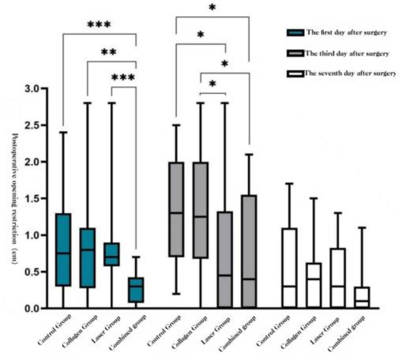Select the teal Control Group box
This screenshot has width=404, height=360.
pyautogui.click(x=62, y=250)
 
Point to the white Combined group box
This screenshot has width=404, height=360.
pyautogui.click(x=362, y=298)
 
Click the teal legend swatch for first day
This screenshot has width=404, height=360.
pyautogui.click(x=294, y=33)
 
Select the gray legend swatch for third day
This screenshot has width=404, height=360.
pyautogui.click(x=294, y=54)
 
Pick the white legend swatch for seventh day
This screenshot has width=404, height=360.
pyautogui.click(x=294, y=74)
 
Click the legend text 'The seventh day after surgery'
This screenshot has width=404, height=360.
pyautogui.click(x=350, y=74)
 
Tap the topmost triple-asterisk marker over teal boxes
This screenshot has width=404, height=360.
pyautogui.click(x=98, y=25)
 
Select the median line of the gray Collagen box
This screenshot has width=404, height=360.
pyautogui.click(x=200, y=217)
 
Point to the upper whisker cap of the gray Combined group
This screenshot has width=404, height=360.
pyautogui.click(x=249, y=154)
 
